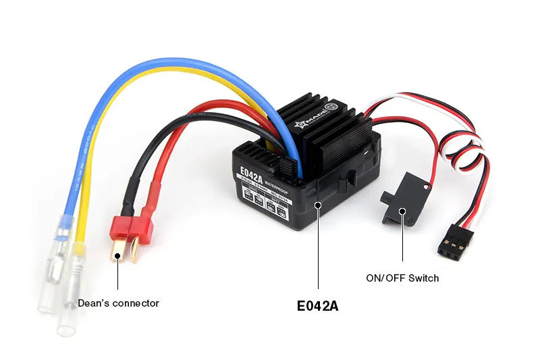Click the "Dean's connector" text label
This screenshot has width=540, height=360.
pos(118,303)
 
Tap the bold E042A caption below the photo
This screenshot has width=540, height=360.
pos(317,305)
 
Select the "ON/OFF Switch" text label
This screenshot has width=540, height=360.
pos(402,278)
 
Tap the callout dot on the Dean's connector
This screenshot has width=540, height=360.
pos(118,256)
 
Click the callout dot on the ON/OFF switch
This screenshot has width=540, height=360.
pos(402,211)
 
